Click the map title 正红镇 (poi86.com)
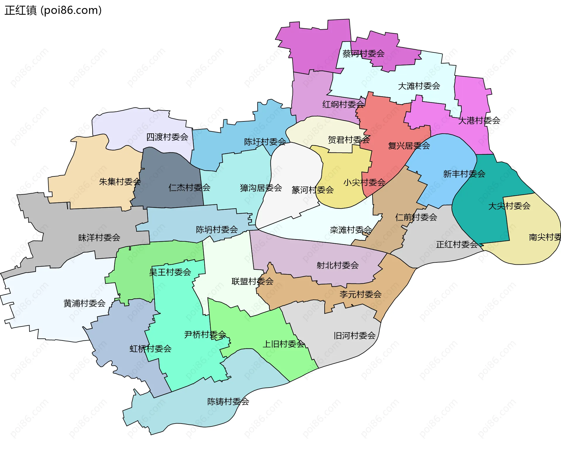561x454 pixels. [53, 10]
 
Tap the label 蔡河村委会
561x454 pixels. [363, 54]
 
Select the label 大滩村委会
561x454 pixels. [419, 86]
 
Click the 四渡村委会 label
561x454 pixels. [167, 137]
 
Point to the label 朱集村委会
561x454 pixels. [120, 182]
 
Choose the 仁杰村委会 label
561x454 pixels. [189, 188]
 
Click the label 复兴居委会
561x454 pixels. [409, 145]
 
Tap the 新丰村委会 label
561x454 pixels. [464, 174]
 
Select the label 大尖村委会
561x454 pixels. [509, 206]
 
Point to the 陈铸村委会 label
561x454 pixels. [228, 402]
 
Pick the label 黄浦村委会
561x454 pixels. [84, 303]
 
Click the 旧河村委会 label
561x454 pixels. [354, 336]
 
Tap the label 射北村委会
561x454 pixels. [337, 265]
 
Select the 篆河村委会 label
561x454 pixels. [313, 190]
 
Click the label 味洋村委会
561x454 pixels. [99, 238]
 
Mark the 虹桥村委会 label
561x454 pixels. [150, 349]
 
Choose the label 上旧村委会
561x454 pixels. [283, 344]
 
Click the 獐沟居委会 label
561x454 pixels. [261, 188]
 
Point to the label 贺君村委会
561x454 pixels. [349, 140]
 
